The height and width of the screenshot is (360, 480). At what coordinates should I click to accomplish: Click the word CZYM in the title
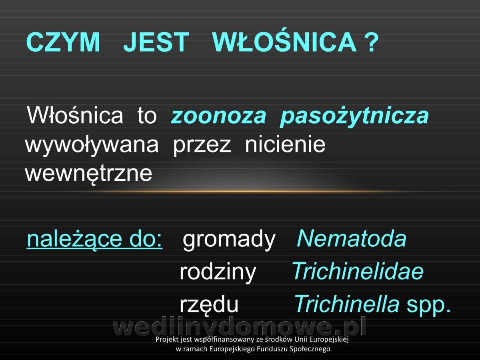(63, 42)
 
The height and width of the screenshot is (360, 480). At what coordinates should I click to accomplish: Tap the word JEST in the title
(156, 42)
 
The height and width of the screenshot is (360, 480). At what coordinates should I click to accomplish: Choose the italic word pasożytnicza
(354, 117)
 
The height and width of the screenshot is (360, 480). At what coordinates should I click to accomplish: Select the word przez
(202, 146)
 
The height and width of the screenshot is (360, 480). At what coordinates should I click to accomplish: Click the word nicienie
(285, 144)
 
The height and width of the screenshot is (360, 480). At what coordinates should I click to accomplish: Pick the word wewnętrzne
(88, 174)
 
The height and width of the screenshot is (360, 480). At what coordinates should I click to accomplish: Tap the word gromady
(229, 240)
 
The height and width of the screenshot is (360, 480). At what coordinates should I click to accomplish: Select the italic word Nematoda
(352, 238)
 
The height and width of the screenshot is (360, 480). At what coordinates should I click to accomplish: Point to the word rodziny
(218, 272)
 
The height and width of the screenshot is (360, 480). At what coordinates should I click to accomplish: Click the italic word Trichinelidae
(358, 271)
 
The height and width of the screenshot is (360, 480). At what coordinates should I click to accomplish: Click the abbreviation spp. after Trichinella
(429, 306)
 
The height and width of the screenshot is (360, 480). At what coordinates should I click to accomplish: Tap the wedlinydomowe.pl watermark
(240, 327)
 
